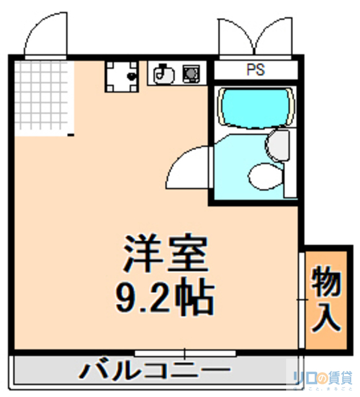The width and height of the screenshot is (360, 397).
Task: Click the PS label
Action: [x=256, y=70]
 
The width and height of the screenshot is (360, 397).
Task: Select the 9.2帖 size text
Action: [x=165, y=298]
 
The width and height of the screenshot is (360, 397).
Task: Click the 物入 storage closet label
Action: [x=325, y=299]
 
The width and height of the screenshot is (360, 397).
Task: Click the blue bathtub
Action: [x=254, y=107]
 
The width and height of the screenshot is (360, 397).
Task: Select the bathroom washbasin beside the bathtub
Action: [x=277, y=145]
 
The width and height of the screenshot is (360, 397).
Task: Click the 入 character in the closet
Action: [x=325, y=317]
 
